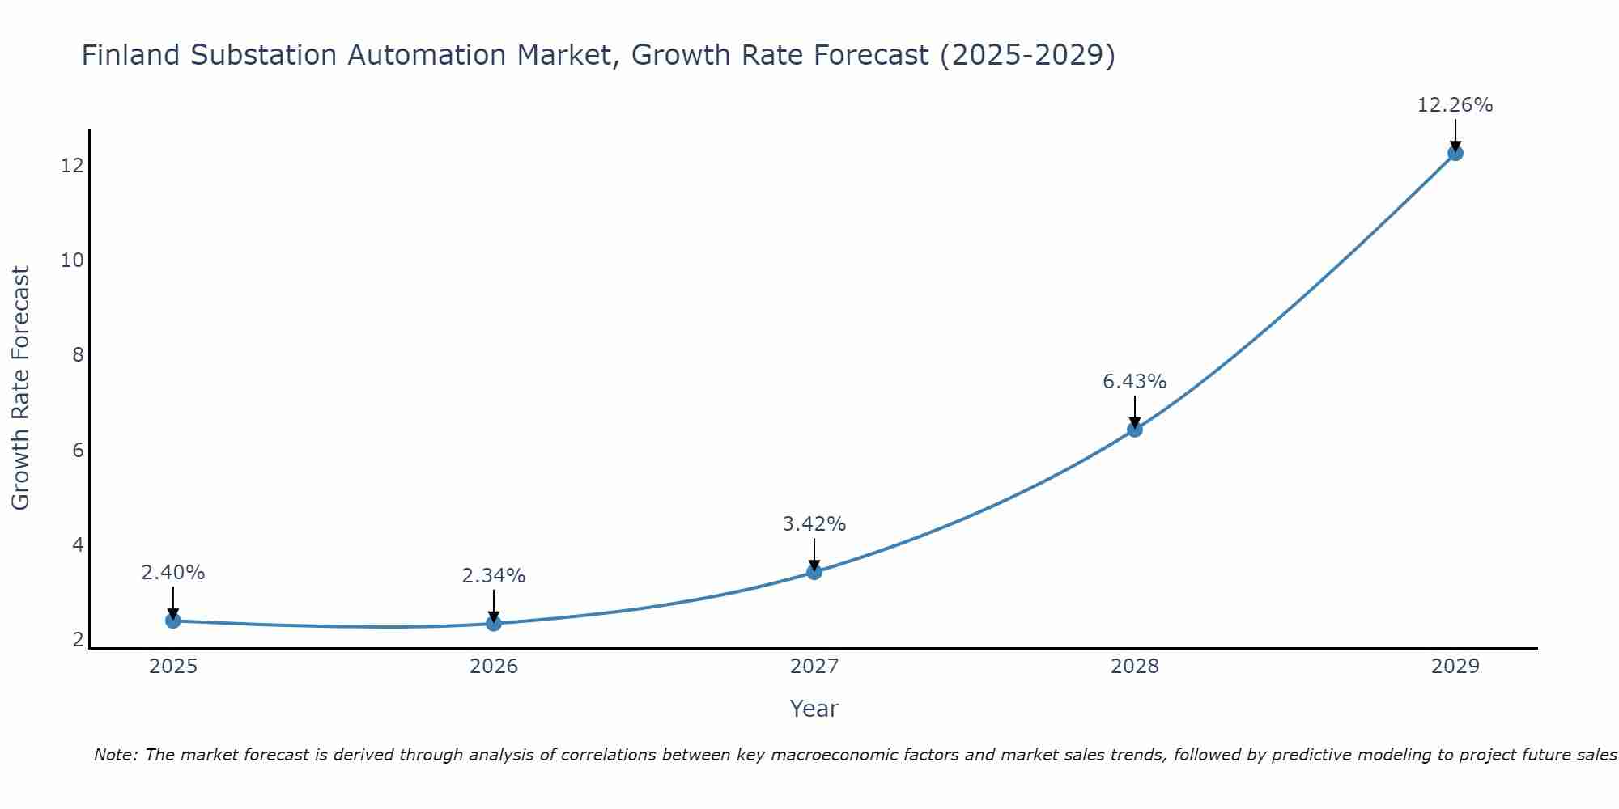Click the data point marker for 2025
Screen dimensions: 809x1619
173,621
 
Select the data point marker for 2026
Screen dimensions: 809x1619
494,623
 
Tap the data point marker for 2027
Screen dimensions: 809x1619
814,572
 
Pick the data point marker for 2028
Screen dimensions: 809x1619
1135,430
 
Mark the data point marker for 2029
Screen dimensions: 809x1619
1455,153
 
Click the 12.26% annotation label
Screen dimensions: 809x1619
1455,105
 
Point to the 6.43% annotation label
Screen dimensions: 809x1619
1134,382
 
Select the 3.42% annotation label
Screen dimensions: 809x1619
814,524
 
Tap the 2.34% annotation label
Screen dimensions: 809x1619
493,576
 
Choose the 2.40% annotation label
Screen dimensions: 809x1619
172,573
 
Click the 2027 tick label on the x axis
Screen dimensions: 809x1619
814,667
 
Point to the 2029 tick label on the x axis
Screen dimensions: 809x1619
1455,667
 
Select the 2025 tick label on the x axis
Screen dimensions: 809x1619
173,667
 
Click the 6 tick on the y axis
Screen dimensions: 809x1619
78,450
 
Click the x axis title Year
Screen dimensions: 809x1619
814,709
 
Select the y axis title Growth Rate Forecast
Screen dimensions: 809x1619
20,388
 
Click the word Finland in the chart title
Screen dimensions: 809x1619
130,55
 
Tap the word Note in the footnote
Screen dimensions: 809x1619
117,755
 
